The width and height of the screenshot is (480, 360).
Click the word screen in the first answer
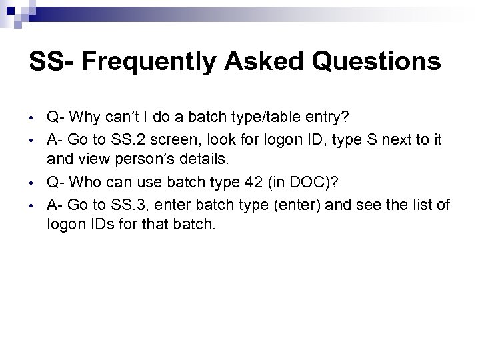pyautogui.click(x=185, y=138)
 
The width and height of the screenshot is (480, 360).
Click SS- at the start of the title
pyautogui.click(x=55, y=62)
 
